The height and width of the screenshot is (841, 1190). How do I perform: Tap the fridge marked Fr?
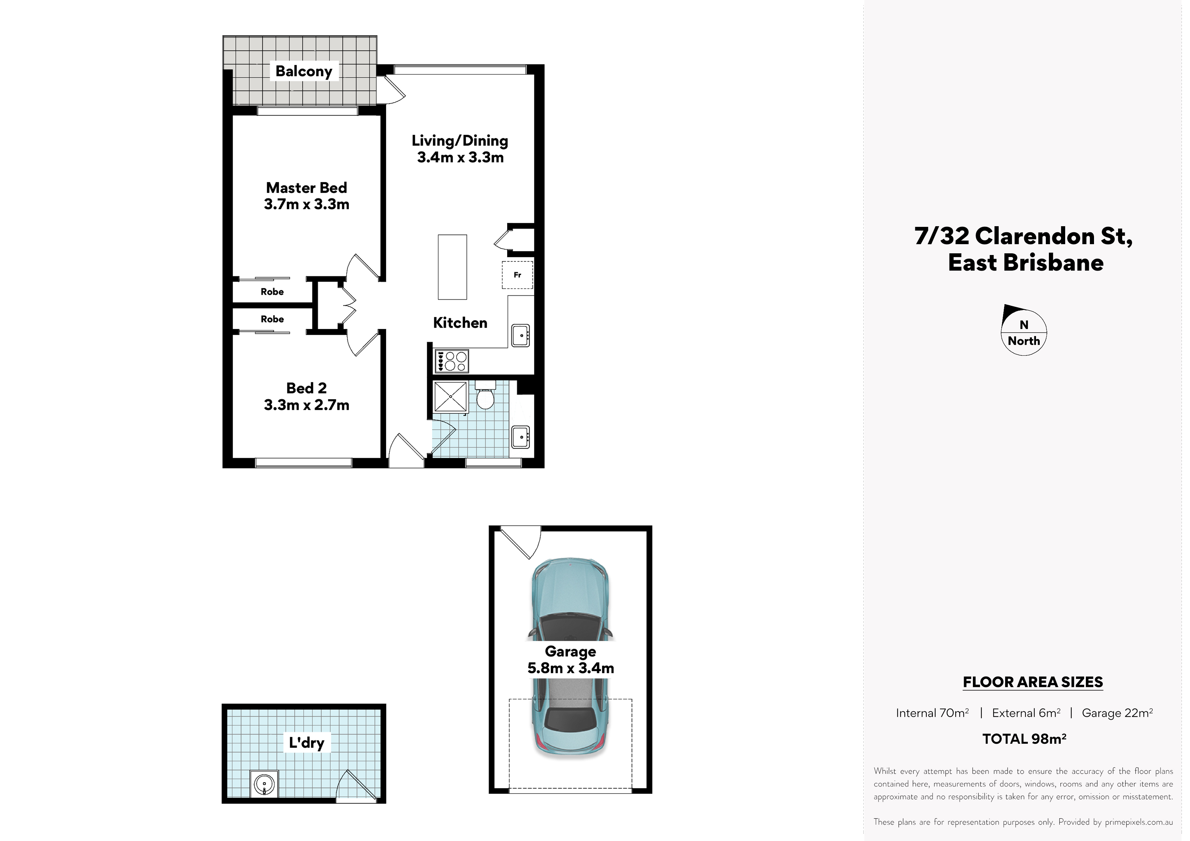[x=517, y=275]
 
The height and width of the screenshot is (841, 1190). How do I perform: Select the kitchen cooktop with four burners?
[x=451, y=361]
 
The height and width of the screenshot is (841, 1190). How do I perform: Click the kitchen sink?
[x=520, y=335]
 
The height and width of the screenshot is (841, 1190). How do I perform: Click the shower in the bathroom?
[x=450, y=397]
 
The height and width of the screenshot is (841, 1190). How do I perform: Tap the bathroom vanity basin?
[x=520, y=437]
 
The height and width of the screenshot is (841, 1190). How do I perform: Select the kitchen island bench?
[x=453, y=267]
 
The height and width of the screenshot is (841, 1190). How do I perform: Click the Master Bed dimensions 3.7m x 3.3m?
[x=306, y=204]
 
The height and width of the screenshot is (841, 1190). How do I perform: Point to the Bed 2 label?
[x=306, y=388]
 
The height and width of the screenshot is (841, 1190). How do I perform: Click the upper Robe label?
[x=272, y=292]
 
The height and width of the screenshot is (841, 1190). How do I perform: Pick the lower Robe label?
[x=272, y=319]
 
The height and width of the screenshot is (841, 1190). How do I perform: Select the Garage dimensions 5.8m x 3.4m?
[x=571, y=668]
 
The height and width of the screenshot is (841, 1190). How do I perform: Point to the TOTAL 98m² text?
[x=1024, y=739]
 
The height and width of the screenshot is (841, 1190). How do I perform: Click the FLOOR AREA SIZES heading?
[x=1033, y=682]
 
